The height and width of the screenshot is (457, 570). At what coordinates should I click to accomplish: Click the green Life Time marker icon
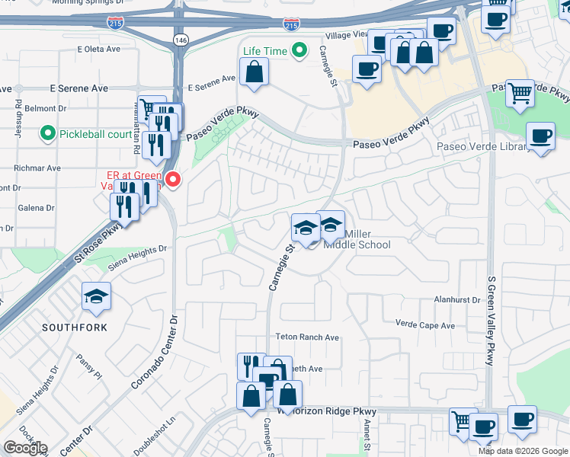coord(299,51)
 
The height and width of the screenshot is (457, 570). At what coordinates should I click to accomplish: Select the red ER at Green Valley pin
coord(173,181)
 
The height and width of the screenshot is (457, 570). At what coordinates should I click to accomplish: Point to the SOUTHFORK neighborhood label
coord(75,328)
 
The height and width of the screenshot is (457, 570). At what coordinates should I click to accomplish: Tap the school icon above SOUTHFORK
coord(96,297)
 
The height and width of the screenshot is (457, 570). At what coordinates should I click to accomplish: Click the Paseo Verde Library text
coord(483,147)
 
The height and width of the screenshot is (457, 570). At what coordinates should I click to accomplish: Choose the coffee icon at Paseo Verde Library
coord(540,137)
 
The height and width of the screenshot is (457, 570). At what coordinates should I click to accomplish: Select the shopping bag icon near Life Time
coord(255,72)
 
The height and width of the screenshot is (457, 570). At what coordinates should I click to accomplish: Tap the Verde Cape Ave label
coord(424,325)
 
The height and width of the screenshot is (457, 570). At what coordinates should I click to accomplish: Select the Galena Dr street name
coord(37,207)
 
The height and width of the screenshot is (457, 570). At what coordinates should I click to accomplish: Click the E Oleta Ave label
coord(99,50)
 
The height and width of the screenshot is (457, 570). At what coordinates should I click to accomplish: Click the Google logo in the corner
coord(25,447)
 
